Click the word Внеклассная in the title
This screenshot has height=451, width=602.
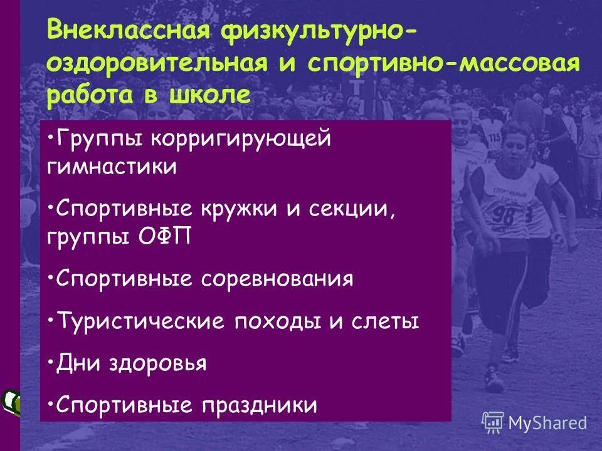[126, 31]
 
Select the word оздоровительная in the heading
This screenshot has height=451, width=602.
[154, 64]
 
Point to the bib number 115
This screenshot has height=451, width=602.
[494, 137]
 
